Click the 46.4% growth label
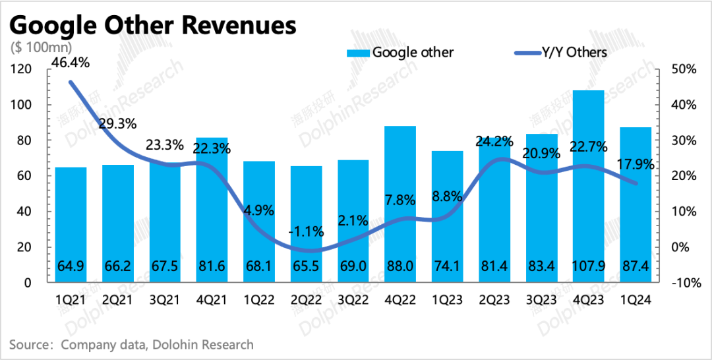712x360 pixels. tap(71, 64)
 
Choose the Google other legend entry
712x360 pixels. tap(402, 52)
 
